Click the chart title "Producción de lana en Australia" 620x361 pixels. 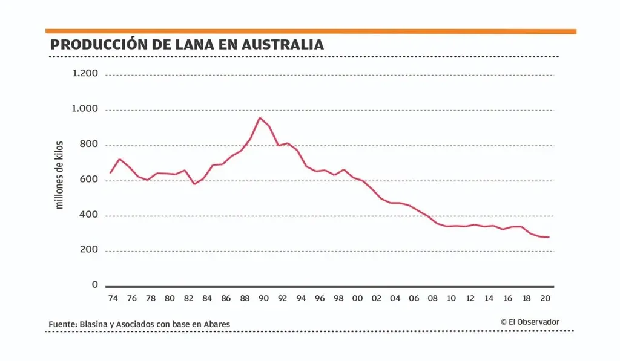click(x=186, y=45)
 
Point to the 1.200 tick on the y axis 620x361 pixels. click(x=85, y=74)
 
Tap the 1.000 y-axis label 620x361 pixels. click(x=85, y=109)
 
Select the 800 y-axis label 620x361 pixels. click(x=89, y=145)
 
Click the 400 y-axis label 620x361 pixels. click(x=89, y=215)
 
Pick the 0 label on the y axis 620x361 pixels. click(x=94, y=284)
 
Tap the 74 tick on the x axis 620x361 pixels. click(x=113, y=298)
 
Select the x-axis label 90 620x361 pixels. click(x=263, y=298)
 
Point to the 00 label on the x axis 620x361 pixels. click(x=357, y=298)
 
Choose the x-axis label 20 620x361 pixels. click(x=545, y=298)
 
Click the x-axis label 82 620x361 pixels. click(x=188, y=298)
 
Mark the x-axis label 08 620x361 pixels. click(x=432, y=298)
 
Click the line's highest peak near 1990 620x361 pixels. click(x=260, y=118)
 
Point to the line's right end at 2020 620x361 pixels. click(x=549, y=237)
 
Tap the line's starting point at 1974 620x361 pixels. click(x=110, y=173)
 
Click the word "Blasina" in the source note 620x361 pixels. click(x=93, y=325)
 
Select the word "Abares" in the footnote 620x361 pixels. click(x=216, y=325)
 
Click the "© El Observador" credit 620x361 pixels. click(x=530, y=322)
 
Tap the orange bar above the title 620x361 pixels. click(x=311, y=31)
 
